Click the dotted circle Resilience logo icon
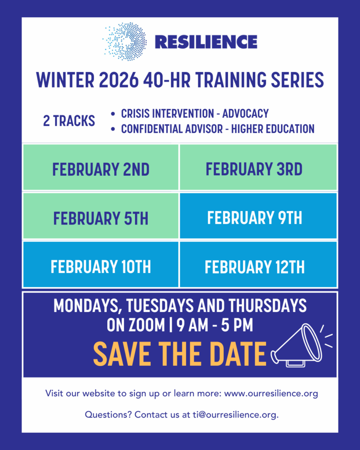tap(125, 42)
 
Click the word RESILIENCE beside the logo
tap(206, 42)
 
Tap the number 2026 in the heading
tap(119, 80)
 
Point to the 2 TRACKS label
tap(69, 120)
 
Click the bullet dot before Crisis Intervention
tap(113, 114)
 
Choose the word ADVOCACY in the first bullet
tap(245, 114)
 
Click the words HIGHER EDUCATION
tap(273, 129)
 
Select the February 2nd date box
tap(101, 167)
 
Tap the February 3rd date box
tap(258, 167)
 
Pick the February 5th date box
tap(101, 216)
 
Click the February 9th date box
tap(258, 216)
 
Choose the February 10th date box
tap(101, 264)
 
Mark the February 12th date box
tap(258, 264)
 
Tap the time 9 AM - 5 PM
tap(215, 325)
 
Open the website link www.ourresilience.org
tap(271, 393)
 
